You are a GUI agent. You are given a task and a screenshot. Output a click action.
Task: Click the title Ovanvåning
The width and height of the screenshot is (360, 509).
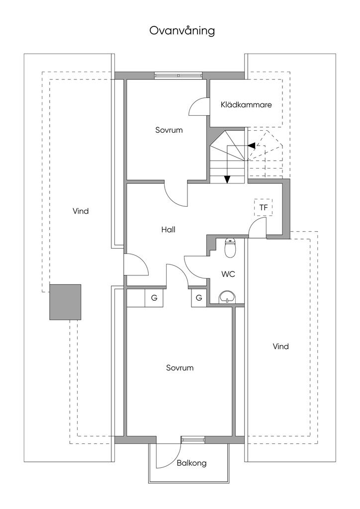[182, 31]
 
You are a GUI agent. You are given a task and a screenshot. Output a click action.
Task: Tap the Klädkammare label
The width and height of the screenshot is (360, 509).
[246, 105]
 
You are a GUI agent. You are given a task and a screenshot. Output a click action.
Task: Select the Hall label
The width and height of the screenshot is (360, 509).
[168, 230]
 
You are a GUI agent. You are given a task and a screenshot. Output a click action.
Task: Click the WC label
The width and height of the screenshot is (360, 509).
[228, 274]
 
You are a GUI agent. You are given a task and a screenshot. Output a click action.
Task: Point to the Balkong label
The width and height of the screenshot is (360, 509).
[191, 463]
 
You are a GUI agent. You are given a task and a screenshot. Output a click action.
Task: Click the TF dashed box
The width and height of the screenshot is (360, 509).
[264, 207]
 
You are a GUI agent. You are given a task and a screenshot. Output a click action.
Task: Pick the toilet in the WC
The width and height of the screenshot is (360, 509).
[230, 248]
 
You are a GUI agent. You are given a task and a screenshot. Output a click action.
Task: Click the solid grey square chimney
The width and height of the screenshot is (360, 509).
[65, 302]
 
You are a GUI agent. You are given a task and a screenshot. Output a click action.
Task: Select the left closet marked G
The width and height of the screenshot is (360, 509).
[154, 298]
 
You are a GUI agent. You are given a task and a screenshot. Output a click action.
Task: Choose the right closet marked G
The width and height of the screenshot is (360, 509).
[199, 298]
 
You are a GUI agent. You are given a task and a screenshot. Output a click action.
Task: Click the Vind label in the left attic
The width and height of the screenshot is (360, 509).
[81, 211]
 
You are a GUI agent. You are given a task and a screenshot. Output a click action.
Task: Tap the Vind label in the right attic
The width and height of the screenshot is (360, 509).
[280, 346]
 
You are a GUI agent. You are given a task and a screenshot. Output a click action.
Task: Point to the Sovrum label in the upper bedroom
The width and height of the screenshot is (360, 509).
[169, 130]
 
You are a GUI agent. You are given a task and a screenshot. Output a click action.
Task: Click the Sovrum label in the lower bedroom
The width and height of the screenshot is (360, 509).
[180, 368]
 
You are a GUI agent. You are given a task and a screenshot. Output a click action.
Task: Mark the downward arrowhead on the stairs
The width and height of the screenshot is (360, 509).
[227, 179]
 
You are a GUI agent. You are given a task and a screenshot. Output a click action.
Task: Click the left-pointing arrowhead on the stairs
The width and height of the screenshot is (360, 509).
[252, 146]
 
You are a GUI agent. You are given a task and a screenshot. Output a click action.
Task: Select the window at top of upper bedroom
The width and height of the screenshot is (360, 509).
[179, 76]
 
